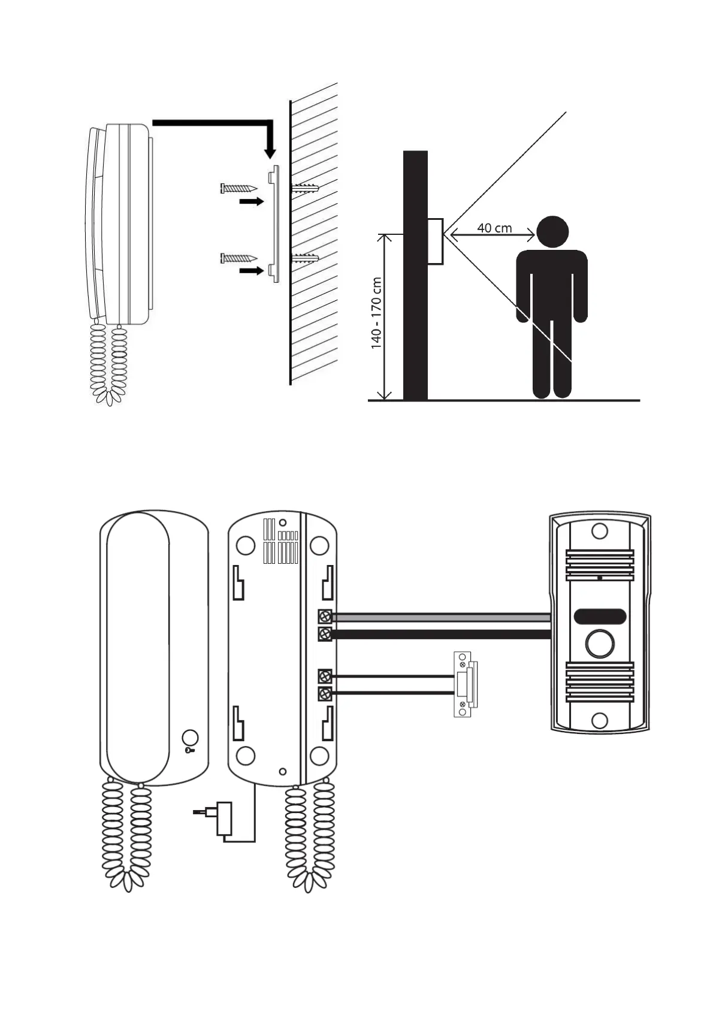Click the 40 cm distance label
494,228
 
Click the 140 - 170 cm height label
376,313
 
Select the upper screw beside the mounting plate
238,188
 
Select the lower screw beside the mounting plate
238,258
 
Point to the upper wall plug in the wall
306,188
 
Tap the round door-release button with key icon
190,738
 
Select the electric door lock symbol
464,684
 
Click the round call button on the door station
600,644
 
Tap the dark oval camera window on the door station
600,616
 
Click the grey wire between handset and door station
441,617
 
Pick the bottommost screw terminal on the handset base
325,694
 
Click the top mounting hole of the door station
600,531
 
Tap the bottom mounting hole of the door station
600,720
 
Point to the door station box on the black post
436,241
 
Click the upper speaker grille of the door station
600,564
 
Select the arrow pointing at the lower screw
251,271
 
